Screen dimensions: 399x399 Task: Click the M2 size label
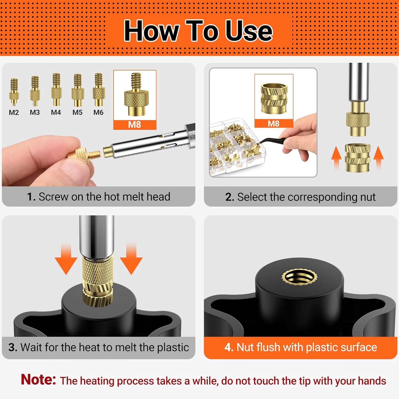(14, 113)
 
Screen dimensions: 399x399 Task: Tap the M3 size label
(35, 113)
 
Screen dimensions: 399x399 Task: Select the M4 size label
(56, 113)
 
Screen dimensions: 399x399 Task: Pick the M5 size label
(77, 113)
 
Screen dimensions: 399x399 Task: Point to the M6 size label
(98, 113)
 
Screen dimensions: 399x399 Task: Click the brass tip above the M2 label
(14, 92)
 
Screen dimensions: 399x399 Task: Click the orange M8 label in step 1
(135, 125)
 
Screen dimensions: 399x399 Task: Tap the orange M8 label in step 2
(274, 123)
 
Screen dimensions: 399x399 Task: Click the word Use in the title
(249, 31)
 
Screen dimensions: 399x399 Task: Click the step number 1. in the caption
(31, 197)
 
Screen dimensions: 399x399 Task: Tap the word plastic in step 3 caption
(173, 348)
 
